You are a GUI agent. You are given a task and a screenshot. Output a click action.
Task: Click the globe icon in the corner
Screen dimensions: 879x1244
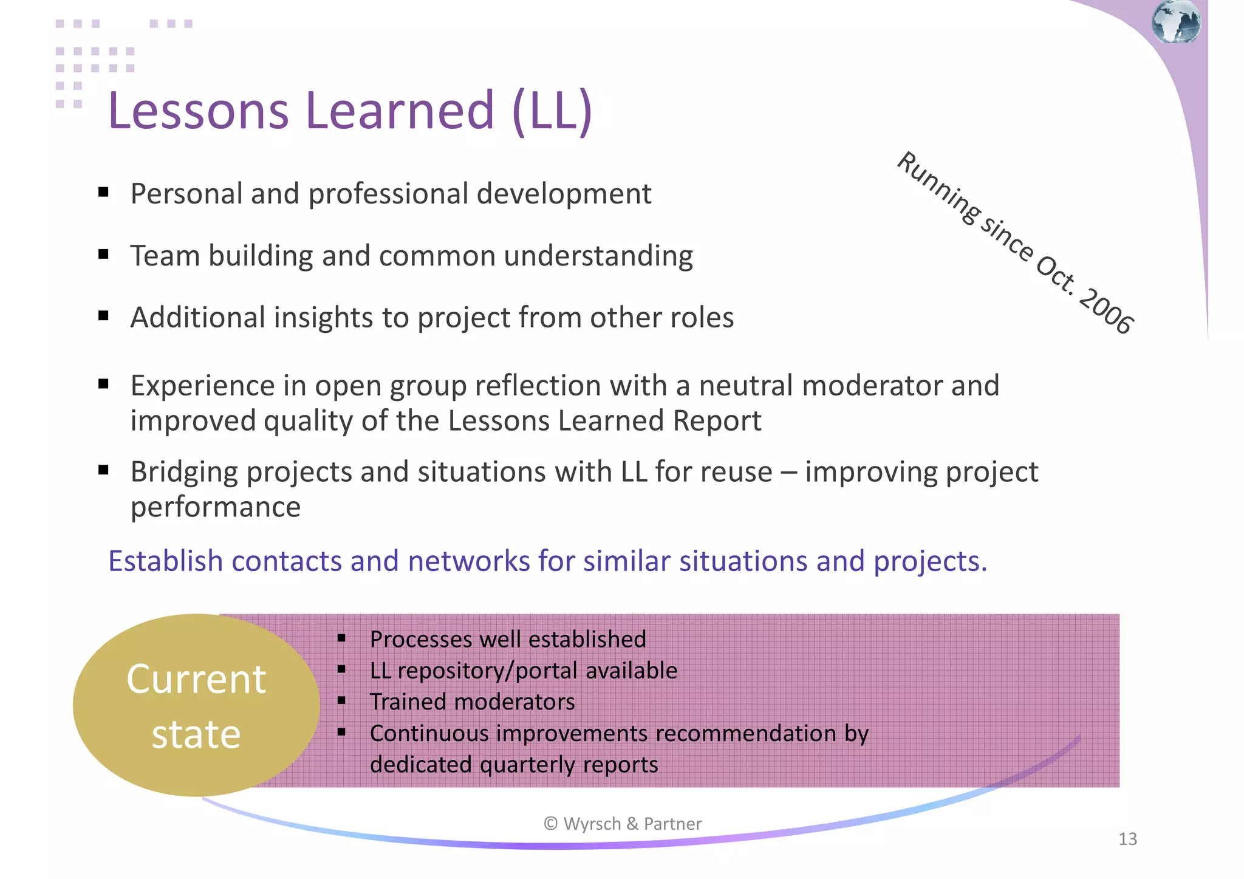point(1176,22)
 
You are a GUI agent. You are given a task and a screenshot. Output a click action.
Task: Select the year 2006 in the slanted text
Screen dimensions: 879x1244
point(1106,310)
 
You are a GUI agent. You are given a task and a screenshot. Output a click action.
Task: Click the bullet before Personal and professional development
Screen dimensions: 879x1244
point(103,193)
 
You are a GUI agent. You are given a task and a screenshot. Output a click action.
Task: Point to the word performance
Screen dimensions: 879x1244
point(216,507)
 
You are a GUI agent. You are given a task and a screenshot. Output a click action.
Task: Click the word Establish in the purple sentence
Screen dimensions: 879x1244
point(165,561)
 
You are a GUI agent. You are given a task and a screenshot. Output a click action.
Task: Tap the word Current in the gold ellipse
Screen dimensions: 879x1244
point(196,679)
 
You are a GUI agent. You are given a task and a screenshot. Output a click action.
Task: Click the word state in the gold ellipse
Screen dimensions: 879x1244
point(196,734)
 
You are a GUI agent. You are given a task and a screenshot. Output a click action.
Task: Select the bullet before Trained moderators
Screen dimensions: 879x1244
point(341,701)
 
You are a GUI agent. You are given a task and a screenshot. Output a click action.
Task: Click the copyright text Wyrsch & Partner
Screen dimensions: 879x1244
point(623,824)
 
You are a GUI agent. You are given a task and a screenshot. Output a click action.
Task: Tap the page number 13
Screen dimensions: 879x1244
point(1127,840)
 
